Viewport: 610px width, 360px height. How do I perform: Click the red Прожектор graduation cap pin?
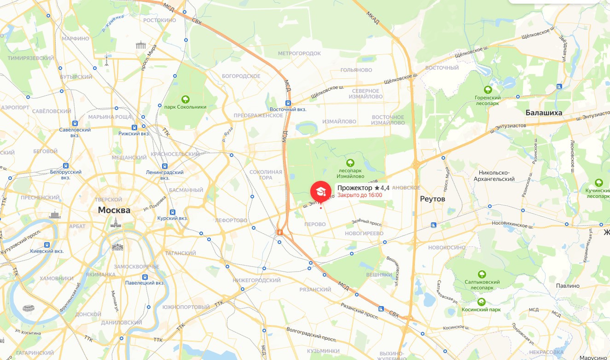321,191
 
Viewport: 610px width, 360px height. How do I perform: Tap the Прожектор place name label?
354,188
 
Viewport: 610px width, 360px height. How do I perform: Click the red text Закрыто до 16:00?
360,195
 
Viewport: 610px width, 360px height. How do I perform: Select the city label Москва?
114,210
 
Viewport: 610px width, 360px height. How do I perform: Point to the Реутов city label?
433,198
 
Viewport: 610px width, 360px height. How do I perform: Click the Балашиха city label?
544,112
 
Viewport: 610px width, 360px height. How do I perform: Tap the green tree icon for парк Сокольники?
185,99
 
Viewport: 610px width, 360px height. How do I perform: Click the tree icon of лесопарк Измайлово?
350,163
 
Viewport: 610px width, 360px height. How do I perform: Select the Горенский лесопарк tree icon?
488,89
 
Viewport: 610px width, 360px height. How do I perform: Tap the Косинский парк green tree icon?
481,302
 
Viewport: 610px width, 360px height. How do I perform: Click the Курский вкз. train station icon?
173,212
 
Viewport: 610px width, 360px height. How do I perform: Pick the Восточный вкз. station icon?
288,103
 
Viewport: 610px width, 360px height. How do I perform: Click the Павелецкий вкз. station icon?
145,277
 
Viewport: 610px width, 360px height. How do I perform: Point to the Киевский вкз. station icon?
46,245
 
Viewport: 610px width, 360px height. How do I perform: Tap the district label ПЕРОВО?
315,224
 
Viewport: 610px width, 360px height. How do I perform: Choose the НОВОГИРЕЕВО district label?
364,233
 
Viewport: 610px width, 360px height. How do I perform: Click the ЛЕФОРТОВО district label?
231,220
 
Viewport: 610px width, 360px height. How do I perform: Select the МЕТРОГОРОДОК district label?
299,54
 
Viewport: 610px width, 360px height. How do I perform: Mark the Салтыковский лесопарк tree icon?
482,274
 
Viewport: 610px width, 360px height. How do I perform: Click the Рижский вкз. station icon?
134,127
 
